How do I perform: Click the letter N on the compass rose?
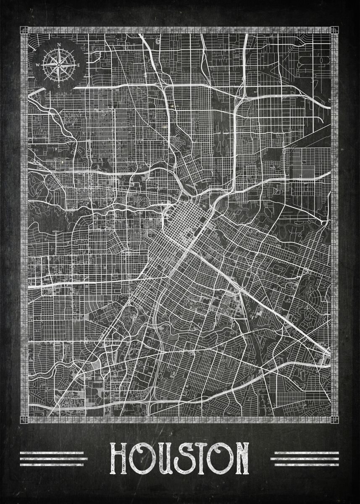pos(59,45)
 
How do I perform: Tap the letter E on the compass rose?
pos(79,65)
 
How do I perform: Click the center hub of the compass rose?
pos(58,65)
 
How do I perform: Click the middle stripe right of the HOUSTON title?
pos(305,459)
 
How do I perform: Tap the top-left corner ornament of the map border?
pos(24,30)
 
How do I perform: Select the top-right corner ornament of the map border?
pos(334,30)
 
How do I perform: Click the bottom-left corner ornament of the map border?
pos(24,419)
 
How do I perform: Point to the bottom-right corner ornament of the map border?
pos(334,419)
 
